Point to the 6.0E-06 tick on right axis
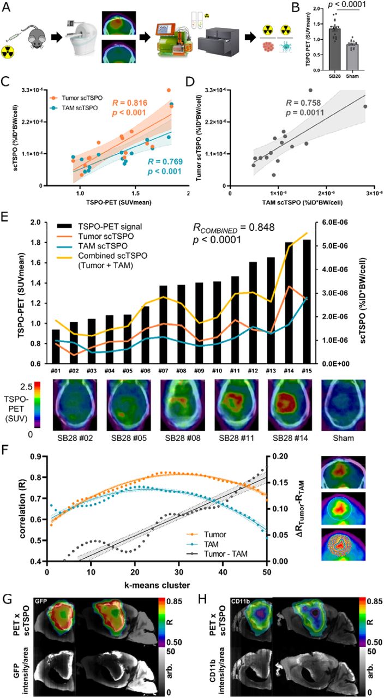click(339, 222)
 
